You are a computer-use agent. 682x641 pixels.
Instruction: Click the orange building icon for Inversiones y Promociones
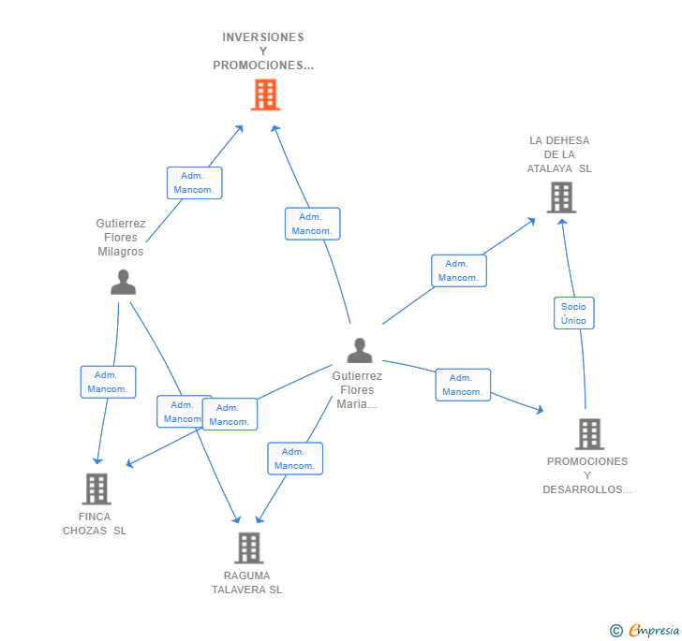265,95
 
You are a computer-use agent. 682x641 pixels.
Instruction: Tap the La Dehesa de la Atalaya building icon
560,197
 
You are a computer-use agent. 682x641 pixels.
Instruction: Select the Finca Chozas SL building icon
96,488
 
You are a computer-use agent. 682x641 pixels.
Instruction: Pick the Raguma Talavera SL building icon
247,547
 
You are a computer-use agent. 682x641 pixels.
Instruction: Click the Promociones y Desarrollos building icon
588,434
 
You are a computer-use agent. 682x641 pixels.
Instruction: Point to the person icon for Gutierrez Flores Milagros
123,282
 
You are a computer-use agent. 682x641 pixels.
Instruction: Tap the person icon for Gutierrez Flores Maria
359,351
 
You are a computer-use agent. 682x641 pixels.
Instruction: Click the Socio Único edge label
573,313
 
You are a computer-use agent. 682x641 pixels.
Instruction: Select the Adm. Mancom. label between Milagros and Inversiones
194,182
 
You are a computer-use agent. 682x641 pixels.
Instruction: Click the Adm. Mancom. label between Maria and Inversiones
312,224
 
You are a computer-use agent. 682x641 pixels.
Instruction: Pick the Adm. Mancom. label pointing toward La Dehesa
458,270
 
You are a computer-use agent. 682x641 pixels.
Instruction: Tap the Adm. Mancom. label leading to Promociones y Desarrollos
462,385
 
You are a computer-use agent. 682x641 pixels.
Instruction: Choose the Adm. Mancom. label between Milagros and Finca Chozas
108,382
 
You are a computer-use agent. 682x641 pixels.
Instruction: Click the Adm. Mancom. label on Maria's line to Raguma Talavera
294,459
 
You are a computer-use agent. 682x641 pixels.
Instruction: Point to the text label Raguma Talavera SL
246,583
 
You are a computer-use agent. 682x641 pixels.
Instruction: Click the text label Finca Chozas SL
95,524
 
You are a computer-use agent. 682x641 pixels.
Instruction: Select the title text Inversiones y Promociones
263,51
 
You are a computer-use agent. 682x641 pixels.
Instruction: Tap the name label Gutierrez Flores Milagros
120,238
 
